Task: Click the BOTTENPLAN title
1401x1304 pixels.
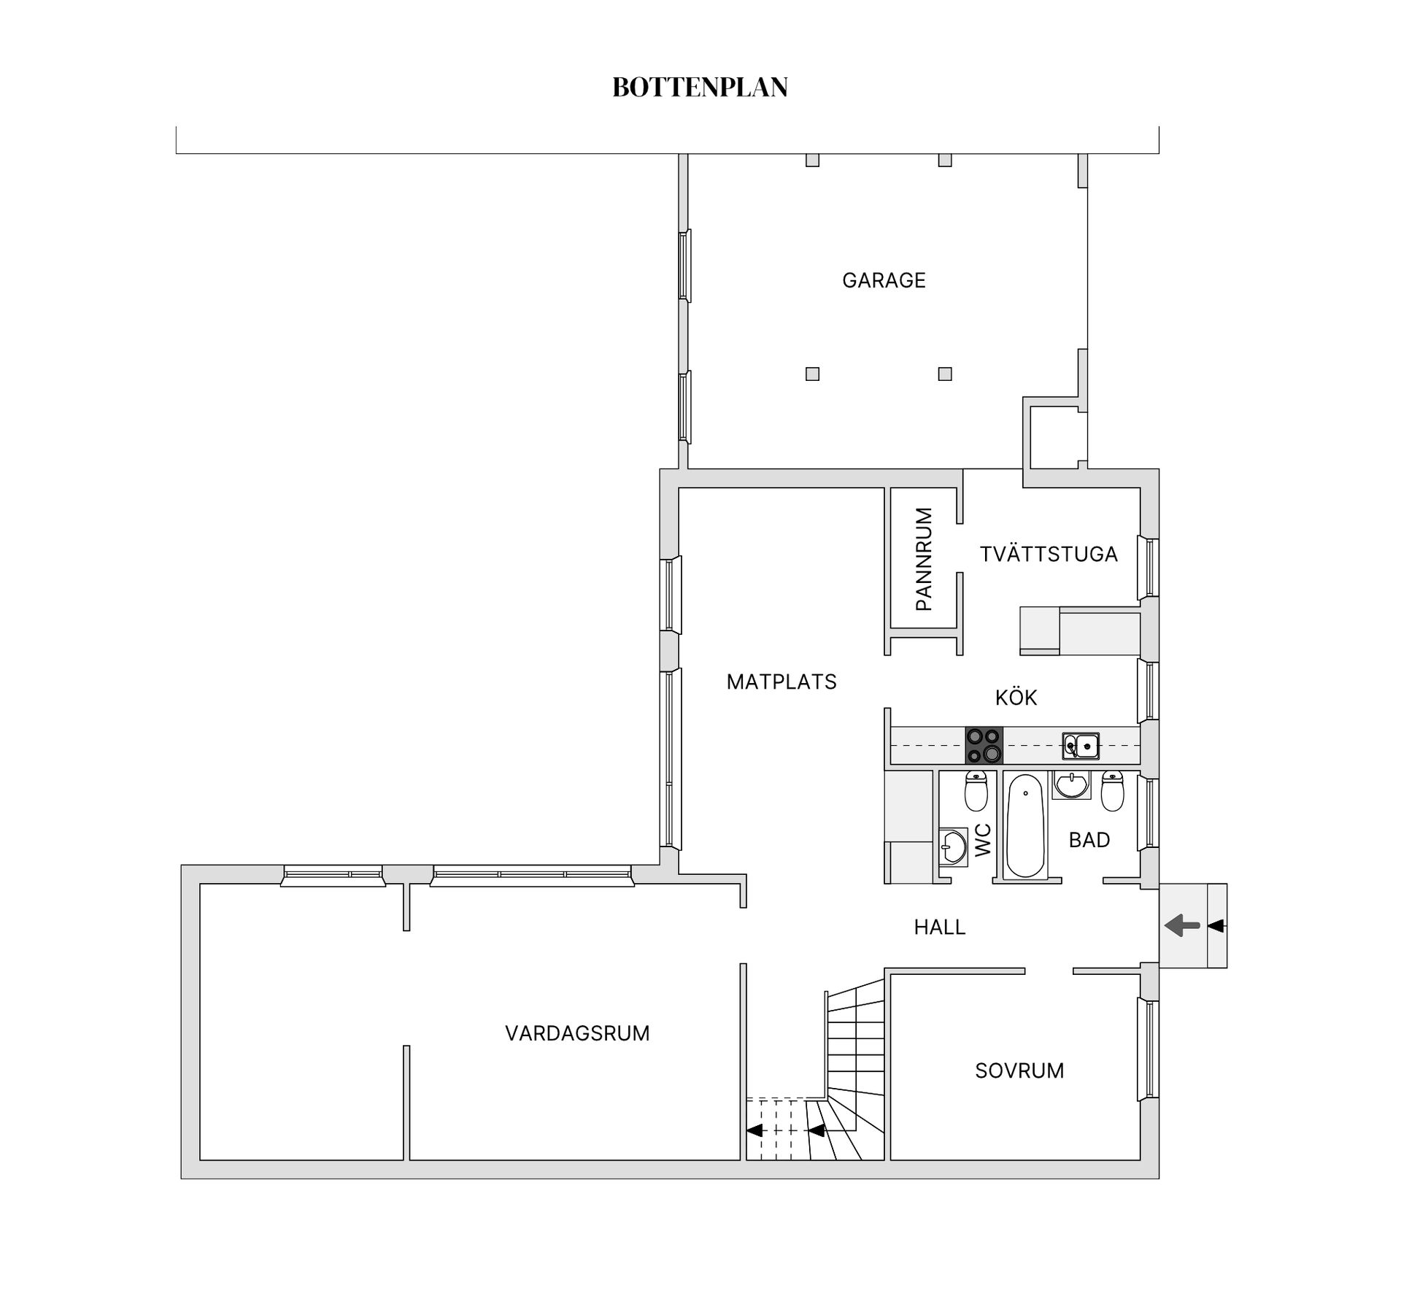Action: pos(700,87)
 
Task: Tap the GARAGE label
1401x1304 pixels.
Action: pos(884,280)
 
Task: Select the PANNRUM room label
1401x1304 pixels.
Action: pos(923,559)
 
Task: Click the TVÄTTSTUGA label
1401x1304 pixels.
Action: pos(1049,555)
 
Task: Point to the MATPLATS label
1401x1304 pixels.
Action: pos(781,682)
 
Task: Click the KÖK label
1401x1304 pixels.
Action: pos(1016,698)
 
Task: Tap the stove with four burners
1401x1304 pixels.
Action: pos(984,745)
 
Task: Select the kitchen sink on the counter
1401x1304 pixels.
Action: pos(1081,745)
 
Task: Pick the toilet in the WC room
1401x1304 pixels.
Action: pos(976,791)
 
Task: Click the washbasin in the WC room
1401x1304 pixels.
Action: pos(952,846)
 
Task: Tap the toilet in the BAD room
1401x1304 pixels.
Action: pos(1112,791)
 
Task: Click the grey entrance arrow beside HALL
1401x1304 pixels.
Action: pos(1182,926)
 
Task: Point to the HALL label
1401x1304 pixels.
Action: pos(940,927)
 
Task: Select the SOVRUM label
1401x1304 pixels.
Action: pos(1019,1070)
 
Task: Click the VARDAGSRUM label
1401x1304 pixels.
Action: pos(577,1033)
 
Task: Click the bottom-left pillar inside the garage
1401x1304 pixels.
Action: pos(812,374)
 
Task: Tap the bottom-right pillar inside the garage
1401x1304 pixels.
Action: pos(945,374)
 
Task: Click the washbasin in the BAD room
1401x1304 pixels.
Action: pos(1071,785)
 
